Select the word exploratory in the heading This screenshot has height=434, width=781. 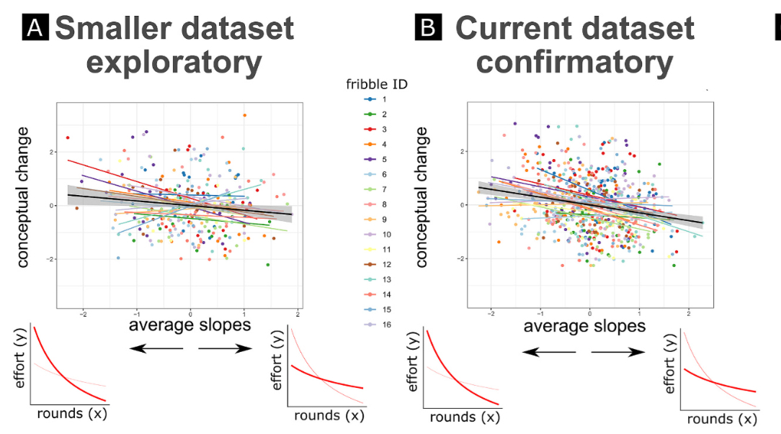pos(174,63)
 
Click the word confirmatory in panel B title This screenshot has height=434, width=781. pos(574,63)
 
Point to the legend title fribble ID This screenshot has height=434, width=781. pos(376,84)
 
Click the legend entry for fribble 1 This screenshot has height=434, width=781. pos(376,99)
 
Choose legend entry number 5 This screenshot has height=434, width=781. pos(376,160)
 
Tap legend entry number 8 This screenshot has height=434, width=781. pos(376,204)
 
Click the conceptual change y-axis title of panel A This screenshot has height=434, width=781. pos(24,197)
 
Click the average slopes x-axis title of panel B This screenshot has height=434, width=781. pos(584,326)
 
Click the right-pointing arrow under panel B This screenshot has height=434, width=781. pos(617,352)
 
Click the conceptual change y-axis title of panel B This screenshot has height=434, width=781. pos(422,197)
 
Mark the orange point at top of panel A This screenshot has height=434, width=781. pos(244,115)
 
